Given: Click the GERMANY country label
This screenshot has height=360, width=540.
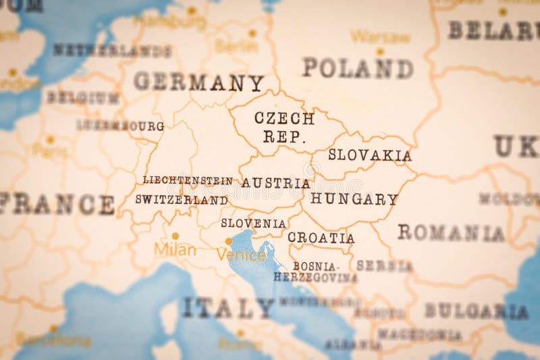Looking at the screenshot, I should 198,82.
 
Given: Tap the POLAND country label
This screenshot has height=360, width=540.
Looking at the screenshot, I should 357,68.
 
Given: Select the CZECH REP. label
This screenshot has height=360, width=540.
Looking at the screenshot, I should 284,128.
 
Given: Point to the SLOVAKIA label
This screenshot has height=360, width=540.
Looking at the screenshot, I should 369,155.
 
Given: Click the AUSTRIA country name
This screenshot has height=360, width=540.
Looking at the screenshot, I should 275,183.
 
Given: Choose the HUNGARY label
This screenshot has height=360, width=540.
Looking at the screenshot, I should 354,199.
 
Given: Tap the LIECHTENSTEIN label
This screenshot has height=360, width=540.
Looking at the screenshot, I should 187,180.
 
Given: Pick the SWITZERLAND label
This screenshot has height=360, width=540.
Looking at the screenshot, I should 181,200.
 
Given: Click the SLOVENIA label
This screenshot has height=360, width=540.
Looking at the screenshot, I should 253,223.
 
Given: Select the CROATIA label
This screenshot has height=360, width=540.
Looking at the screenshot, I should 321,238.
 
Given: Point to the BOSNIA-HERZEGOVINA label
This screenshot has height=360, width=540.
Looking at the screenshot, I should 315,272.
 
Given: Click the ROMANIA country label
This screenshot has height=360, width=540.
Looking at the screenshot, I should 451,233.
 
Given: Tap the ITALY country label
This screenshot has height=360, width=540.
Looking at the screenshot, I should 227,308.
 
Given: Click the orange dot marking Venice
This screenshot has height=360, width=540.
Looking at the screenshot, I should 228,240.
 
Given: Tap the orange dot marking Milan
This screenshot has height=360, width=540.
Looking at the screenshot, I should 175,236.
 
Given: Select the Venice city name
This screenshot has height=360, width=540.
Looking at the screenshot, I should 241,255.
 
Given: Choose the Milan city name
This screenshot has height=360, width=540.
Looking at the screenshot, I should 175,250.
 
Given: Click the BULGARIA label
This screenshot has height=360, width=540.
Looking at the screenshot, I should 476,311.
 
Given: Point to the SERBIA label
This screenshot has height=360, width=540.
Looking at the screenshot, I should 384,266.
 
